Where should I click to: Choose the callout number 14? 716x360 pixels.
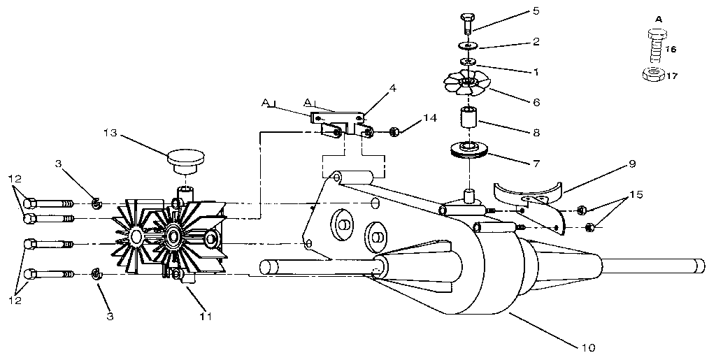(x=429, y=119)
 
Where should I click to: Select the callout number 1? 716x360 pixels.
(x=536, y=72)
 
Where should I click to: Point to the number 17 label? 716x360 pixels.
(x=671, y=75)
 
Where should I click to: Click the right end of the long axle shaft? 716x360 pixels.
(x=699, y=266)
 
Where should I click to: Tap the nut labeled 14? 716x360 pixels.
(x=394, y=131)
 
